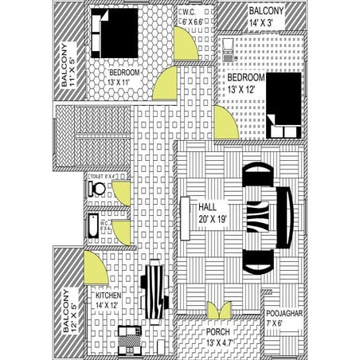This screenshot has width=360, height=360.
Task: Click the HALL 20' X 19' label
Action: coord(213,213)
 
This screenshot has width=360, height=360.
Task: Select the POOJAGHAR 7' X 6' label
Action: coord(284,319)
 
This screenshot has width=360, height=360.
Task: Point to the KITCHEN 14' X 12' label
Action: coord(107,299)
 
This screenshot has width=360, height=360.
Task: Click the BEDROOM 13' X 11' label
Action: coord(125,77)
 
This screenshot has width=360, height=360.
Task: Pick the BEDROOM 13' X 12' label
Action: coord(245,84)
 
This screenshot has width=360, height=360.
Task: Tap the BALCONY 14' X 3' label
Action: coord(265,16)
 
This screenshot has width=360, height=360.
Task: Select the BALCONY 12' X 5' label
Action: coord(69,311)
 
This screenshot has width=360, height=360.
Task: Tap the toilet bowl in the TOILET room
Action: coord(98,190)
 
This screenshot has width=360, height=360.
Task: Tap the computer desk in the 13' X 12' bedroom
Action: coord(229,49)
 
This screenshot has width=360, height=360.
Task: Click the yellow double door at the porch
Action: coord(218,309)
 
